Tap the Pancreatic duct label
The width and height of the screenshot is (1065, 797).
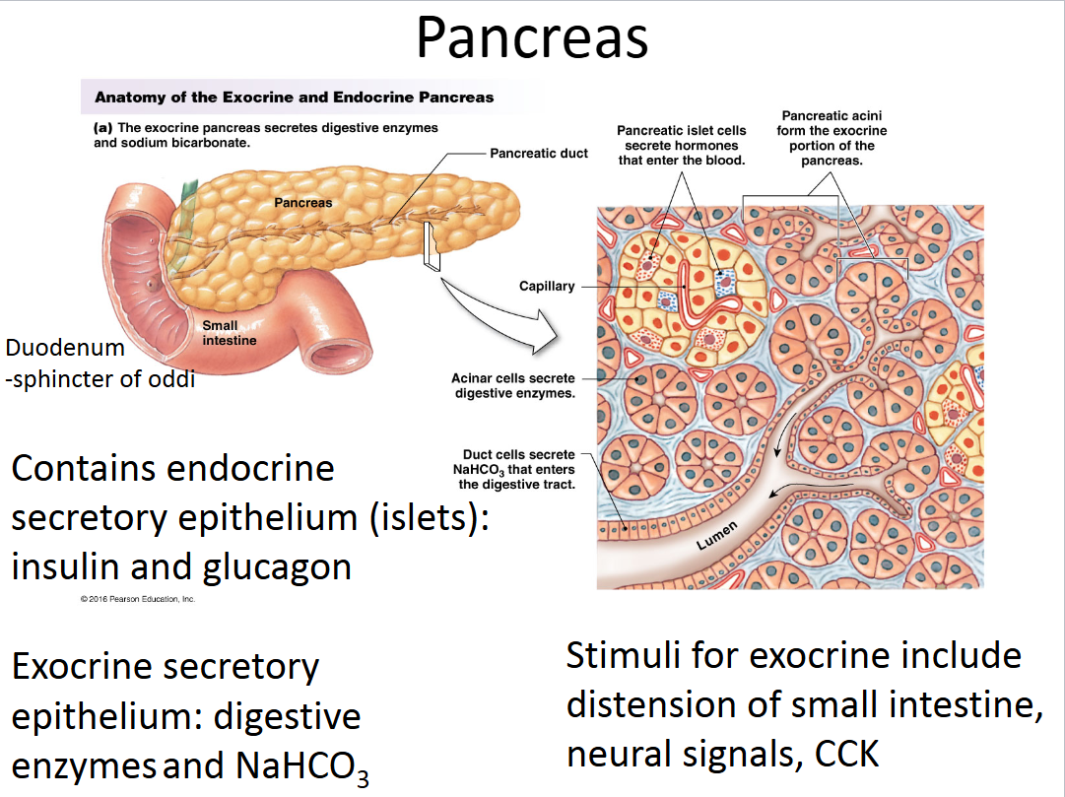click(539, 154)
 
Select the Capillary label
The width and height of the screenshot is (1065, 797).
click(547, 287)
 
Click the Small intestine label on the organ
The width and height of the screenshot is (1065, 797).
click(230, 333)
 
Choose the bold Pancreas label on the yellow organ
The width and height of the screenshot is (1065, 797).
click(302, 203)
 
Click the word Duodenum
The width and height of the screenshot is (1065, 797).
click(65, 348)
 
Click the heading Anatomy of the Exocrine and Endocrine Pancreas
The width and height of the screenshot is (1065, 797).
click(294, 98)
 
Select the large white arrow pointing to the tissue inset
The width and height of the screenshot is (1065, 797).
click(493, 313)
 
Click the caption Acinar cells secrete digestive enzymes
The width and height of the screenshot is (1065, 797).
click(512, 385)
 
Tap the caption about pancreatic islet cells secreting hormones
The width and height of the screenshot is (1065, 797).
click(682, 145)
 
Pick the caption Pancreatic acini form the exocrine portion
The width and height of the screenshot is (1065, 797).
click(832, 138)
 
